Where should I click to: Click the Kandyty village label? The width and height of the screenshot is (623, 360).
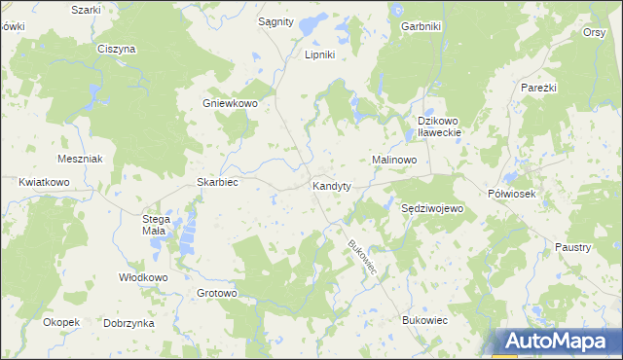(331, 185)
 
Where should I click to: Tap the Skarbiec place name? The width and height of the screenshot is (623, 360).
(218, 182)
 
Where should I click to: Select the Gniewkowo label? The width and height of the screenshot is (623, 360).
(229, 104)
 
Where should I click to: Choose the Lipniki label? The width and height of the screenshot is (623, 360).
(320, 54)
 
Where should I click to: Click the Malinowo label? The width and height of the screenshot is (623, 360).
(394, 159)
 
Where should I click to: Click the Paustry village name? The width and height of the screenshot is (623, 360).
(573, 247)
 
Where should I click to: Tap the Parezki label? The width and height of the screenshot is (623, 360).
(538, 88)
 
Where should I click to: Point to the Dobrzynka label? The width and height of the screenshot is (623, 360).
(129, 322)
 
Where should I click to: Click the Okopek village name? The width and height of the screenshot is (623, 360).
(60, 321)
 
